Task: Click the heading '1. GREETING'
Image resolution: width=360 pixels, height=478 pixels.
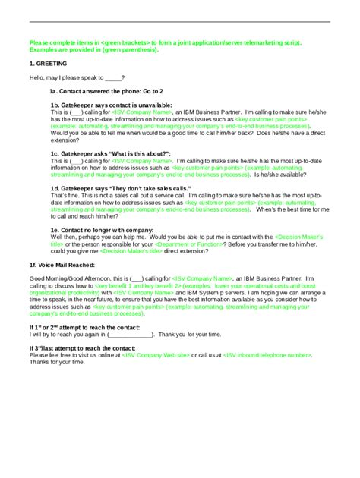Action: click(x=47, y=64)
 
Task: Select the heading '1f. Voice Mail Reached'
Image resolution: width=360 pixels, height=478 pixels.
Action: click(x=62, y=265)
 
